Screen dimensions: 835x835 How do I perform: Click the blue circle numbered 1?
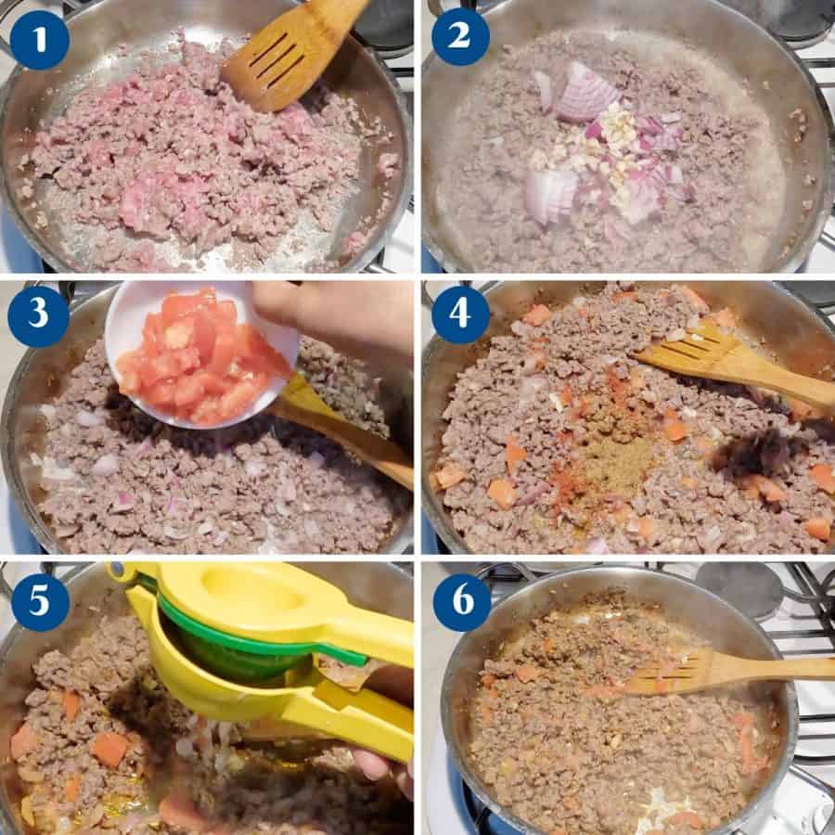click(39, 39)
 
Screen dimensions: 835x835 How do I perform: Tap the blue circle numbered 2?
click(460, 37)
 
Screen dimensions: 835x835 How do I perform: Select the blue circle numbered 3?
click(38, 315)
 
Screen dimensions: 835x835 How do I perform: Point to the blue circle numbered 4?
click(460, 315)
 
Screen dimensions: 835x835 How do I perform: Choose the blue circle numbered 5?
click(40, 601)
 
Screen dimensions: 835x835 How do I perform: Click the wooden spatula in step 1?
click(295, 53)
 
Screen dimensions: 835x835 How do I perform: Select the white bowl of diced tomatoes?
click(201, 353)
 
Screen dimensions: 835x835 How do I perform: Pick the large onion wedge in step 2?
click(584, 92)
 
